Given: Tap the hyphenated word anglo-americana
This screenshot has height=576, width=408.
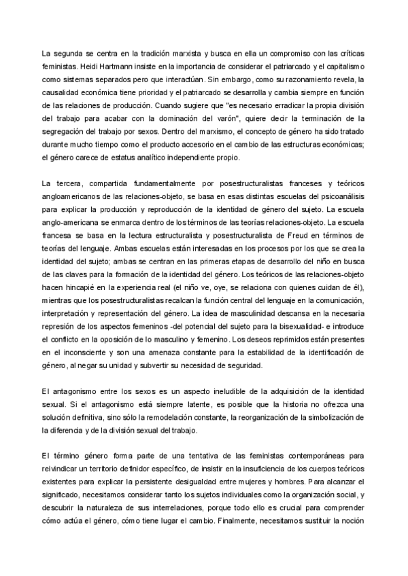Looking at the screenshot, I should point(72,223).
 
